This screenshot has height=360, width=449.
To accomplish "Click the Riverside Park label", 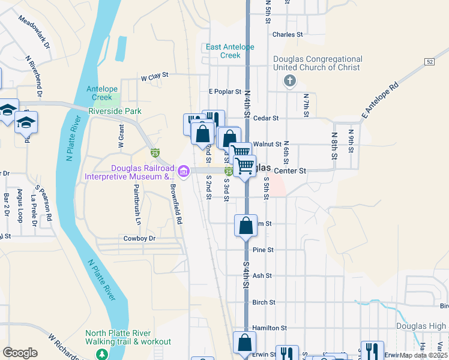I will click(x=115, y=111).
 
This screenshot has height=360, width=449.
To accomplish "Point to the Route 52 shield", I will click(x=429, y=62).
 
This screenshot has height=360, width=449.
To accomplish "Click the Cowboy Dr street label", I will click(x=139, y=238).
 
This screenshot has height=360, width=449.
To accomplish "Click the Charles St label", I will click(x=288, y=35).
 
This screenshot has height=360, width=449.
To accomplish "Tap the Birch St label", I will click(x=264, y=302).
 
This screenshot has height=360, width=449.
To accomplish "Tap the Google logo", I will click(x=20, y=353).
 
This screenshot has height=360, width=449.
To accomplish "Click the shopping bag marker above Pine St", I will click(x=246, y=226).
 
